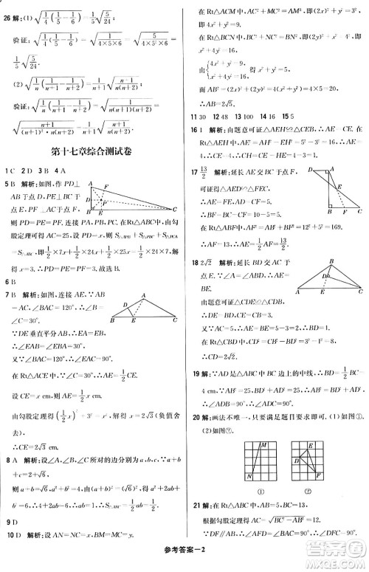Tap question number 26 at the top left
coord(9,10)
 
